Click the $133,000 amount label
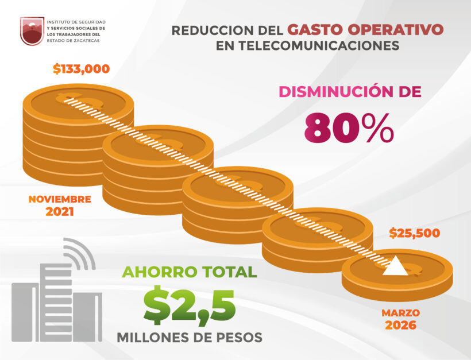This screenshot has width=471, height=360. coord(81,69)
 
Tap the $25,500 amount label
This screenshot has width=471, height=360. coord(414,233)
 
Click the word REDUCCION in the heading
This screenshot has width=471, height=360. coord(213,30)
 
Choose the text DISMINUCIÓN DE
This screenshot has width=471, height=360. coord(350,91)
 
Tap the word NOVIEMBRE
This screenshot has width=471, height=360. coord(60,199)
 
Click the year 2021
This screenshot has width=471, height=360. coord(60,212)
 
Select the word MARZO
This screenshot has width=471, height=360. coord(400,313)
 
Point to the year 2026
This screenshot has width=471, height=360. coord(400,326)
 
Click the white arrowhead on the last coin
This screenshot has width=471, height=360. coord(396,267)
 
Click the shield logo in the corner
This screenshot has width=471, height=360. coord(32,30)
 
